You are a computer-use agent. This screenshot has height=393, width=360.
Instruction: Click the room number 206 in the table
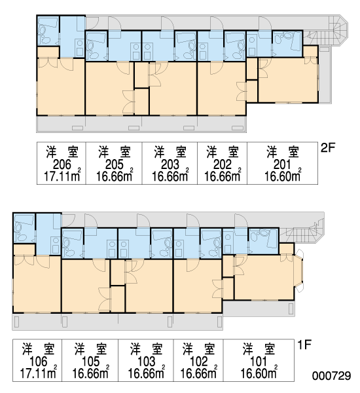tap(62, 164)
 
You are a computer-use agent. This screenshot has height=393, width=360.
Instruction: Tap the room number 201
tap(282, 164)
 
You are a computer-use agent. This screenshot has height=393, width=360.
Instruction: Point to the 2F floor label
tap(328, 148)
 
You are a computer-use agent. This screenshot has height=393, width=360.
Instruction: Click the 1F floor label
tap(304, 345)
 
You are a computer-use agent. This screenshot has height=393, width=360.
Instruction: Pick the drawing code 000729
tap(331, 376)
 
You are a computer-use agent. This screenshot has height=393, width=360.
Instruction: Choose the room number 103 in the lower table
tap(147, 362)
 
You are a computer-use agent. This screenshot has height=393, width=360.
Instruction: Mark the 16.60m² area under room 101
tap(259, 373)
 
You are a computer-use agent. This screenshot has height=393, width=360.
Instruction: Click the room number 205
tap(115, 164)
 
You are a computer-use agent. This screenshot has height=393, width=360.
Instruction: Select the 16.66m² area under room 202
tap(223, 176)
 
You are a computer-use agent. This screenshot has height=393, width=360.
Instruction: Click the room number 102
tap(199, 362)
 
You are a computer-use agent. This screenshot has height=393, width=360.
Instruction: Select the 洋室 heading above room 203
tap(170, 152)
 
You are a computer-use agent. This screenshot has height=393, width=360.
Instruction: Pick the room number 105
tap(91, 362)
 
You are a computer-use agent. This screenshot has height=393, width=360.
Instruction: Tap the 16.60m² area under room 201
tap(283, 176)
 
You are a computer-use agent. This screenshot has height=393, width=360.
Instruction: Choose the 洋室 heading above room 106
tap(38, 349)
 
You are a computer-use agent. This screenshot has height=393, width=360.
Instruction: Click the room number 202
tap(222, 164)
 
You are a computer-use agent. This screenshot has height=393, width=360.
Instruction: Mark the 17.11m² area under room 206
tap(62, 176)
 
